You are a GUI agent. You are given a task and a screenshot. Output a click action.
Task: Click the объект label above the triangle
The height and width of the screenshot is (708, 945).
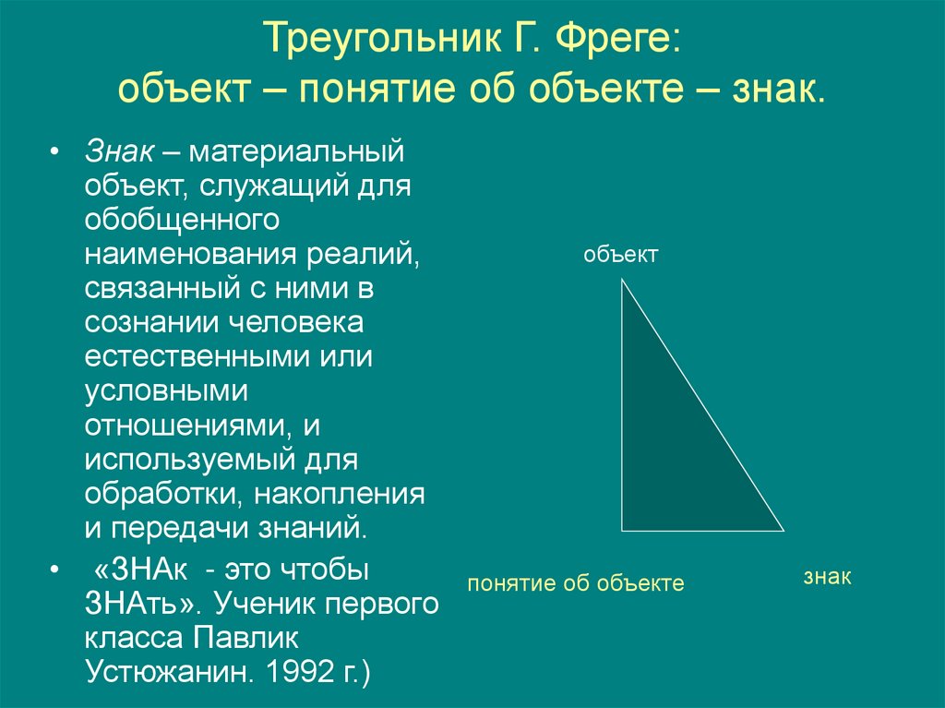(620, 256)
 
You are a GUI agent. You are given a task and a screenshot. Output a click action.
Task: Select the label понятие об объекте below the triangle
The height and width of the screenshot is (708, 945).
(575, 583)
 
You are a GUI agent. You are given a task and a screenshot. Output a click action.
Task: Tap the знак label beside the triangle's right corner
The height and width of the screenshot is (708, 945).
(826, 577)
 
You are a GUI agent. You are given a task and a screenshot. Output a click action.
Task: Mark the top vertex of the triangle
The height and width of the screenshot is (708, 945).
(622, 280)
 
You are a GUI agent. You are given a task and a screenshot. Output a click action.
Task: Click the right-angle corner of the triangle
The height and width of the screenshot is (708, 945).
(622, 531)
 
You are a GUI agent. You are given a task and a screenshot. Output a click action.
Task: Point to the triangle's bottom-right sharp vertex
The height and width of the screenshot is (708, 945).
(783, 531)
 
